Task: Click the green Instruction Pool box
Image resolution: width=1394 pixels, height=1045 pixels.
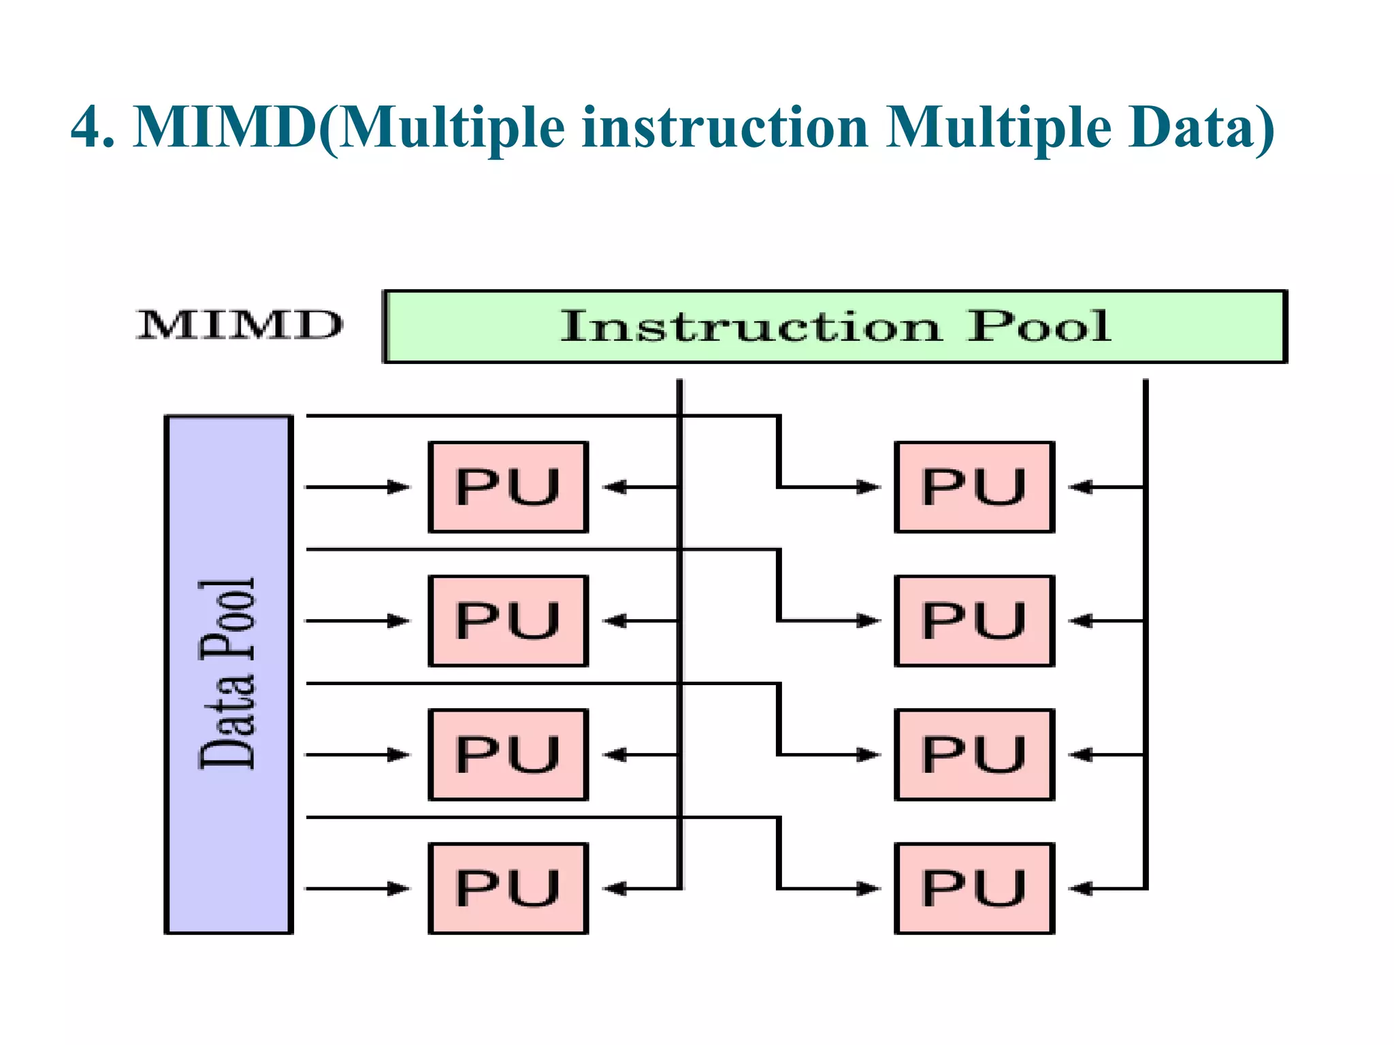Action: (834, 327)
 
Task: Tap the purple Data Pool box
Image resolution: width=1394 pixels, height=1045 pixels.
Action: (229, 674)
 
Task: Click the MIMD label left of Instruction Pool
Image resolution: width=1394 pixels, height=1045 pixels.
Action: (240, 325)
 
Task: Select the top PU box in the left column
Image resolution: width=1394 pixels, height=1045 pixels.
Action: (508, 487)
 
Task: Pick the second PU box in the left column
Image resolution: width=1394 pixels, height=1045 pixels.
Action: (508, 620)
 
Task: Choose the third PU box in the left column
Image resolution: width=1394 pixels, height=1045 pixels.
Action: (508, 754)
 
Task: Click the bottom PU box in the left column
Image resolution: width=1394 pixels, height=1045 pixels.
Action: (508, 889)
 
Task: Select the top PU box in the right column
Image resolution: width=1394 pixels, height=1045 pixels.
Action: (974, 487)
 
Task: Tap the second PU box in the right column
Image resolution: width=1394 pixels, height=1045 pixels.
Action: (974, 620)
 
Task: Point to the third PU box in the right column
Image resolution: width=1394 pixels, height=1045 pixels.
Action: (974, 754)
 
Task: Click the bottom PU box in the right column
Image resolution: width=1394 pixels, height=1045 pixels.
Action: (974, 889)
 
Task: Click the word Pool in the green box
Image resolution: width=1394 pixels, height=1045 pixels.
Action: (1039, 327)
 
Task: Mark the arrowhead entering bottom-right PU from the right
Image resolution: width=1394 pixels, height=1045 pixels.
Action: (1079, 889)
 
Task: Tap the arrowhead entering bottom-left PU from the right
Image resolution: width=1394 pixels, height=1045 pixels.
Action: (614, 889)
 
